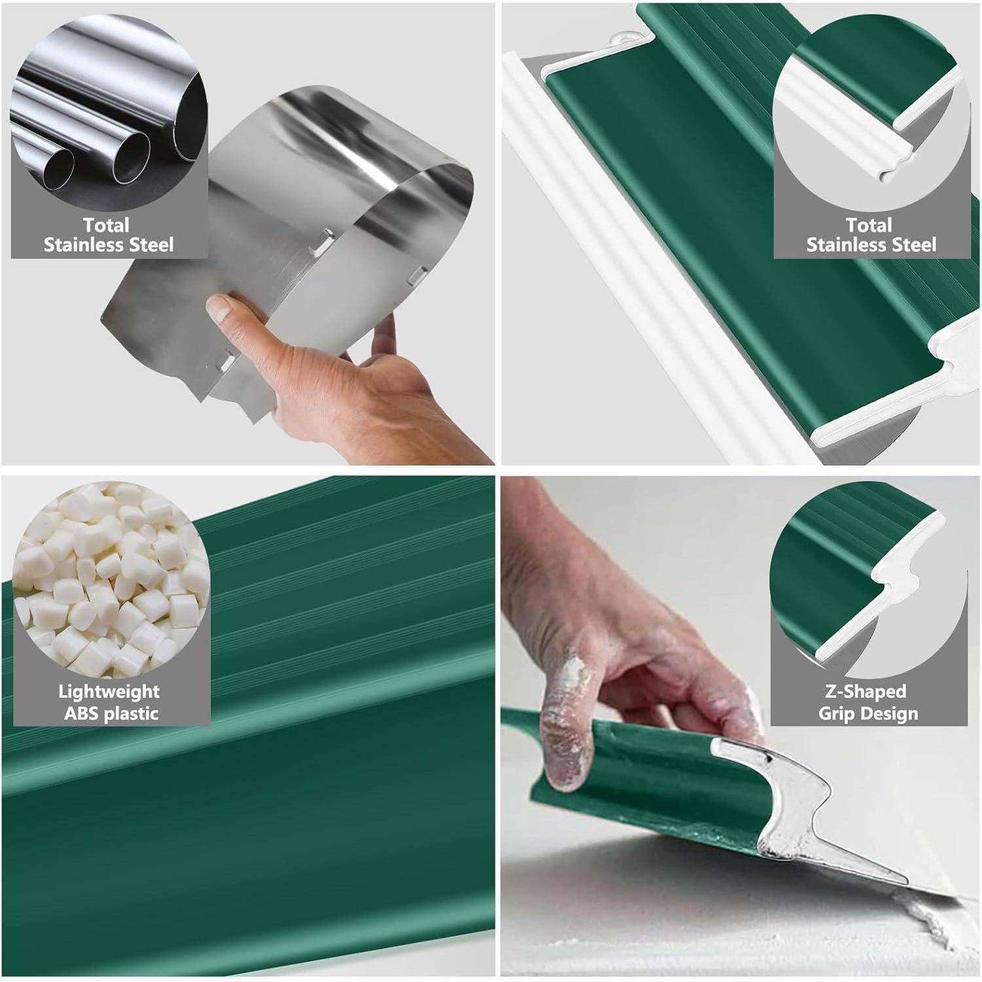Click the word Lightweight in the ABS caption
tap(109, 691)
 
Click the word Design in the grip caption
tap(893, 714)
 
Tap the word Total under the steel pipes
tap(106, 225)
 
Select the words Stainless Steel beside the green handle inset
tap(871, 245)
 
